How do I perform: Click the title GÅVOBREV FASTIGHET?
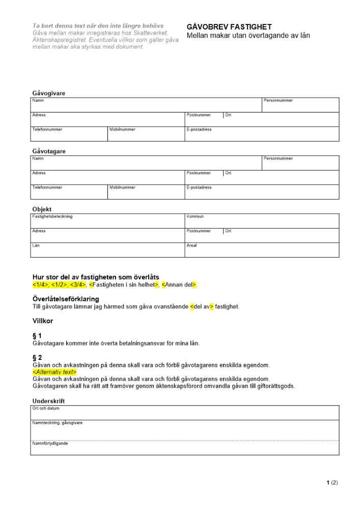coord(229,27)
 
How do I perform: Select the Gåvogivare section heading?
coord(48,93)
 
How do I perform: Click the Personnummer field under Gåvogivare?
coord(300,105)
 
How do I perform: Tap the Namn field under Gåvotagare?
coord(146,163)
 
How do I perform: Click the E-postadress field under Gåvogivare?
coord(262,134)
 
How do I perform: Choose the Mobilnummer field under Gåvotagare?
coord(146,192)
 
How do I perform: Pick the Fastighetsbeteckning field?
coord(108,221)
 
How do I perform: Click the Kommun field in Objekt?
coord(262,221)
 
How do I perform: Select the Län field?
coord(108,250)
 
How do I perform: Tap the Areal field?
coord(262,250)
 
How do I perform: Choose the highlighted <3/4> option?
coord(77,284)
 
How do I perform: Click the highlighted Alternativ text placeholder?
coord(54,372)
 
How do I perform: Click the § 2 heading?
coord(37,358)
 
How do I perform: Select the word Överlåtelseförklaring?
coord(66,299)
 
